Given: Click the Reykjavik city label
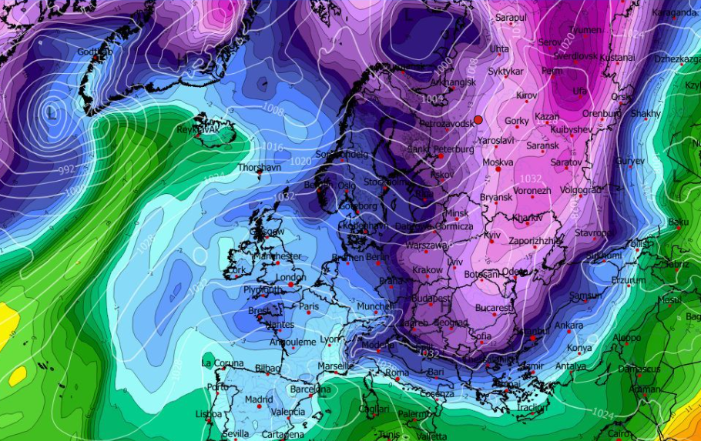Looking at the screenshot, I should (198, 130).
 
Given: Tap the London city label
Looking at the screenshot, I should (290, 278).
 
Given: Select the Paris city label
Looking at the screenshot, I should (309, 306).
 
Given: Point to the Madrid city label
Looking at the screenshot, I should (259, 399).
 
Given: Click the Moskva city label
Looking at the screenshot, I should (497, 162).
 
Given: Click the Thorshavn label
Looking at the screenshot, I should (257, 167).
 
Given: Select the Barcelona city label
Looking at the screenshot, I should (310, 389).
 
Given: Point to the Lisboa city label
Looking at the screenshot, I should (208, 414).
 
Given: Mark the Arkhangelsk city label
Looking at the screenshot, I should (453, 82).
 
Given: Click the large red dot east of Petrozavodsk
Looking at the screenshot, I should (478, 119).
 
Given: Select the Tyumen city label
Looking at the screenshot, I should (585, 29).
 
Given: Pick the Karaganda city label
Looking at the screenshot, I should (673, 12).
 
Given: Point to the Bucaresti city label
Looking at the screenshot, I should (494, 308).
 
